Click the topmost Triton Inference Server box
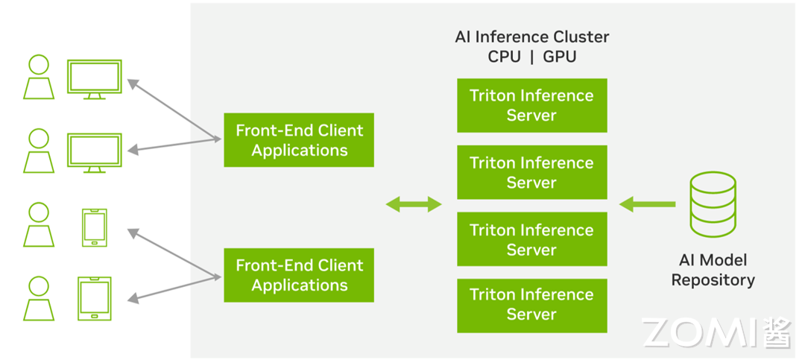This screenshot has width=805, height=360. click(x=531, y=105)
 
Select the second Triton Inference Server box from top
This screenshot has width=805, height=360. click(x=531, y=172)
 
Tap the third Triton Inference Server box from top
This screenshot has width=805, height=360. click(x=531, y=239)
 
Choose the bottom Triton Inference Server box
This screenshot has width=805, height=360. click(x=531, y=305)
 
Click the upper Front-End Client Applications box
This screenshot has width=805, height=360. click(x=299, y=140)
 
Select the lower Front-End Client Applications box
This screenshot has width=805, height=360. click(x=299, y=275)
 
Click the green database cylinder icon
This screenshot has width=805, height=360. click(x=713, y=203)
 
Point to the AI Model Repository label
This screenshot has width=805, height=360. click(x=713, y=270)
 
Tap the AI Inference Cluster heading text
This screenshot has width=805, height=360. click(x=531, y=37)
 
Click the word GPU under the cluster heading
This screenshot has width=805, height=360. click(x=559, y=57)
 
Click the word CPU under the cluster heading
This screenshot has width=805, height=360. click(x=504, y=57)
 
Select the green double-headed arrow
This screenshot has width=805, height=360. click(x=413, y=204)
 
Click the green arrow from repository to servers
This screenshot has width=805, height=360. click(x=647, y=203)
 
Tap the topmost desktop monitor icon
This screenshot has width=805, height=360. click(x=94, y=78)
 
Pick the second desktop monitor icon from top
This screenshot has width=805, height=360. click(x=94, y=152)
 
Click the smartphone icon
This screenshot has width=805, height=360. click(x=95, y=227)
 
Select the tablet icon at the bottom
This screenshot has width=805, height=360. click(x=95, y=298)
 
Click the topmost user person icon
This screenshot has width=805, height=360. click(x=38, y=78)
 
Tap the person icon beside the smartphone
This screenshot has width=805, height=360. click(x=38, y=226)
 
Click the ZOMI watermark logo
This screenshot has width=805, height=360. click(x=716, y=332)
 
